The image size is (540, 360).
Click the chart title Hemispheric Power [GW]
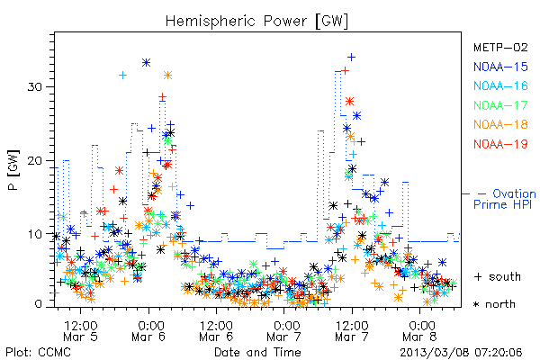point(256,22)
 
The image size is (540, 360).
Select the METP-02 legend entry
point(500,47)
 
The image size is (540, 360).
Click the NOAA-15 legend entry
point(500,67)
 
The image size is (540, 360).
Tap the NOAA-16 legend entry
point(500,85)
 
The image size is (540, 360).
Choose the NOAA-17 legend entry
point(500,105)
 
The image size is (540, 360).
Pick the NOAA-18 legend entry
point(500,124)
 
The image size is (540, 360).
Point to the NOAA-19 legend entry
point(500,144)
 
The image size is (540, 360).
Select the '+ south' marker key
point(498,276)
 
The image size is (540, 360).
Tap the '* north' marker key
point(494,304)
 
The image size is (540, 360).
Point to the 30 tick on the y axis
point(34,86)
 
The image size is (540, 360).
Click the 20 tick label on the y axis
point(34,160)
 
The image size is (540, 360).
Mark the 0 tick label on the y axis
point(38,304)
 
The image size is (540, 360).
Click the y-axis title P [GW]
point(13,170)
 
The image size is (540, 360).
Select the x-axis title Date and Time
point(257,352)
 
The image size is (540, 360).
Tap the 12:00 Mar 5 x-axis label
point(81,331)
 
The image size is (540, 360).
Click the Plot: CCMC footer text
point(38,352)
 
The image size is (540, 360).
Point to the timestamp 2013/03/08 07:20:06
point(461,353)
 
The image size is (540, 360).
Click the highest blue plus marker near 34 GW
point(351,58)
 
